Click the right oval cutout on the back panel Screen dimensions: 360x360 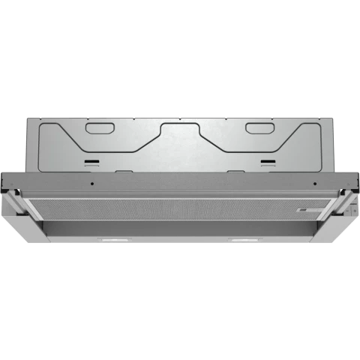[261, 128]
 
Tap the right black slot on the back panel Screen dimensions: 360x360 [268, 160]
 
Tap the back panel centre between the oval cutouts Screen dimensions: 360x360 [180, 142]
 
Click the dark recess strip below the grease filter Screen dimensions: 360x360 [180, 226]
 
